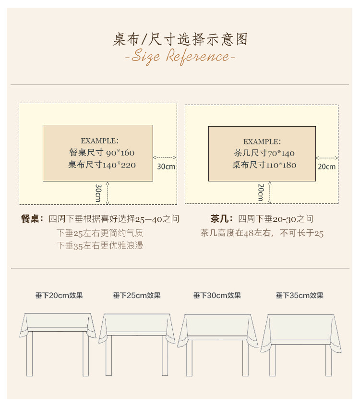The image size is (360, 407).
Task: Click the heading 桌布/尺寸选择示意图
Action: (180, 39)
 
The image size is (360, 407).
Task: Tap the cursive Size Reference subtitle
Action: (180, 57)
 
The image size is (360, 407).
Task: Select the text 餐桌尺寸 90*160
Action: (102, 153)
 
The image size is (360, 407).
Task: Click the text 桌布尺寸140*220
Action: (102, 165)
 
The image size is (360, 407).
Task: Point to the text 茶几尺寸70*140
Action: (264, 154)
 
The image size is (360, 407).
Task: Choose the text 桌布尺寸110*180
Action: (264, 165)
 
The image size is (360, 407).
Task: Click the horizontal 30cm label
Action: (166, 167)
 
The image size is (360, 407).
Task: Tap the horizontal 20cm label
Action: (326, 167)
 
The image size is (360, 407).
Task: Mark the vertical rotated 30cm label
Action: (98, 192)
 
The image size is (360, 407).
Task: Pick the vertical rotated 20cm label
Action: (261, 192)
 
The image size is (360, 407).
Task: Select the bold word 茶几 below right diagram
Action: (218, 219)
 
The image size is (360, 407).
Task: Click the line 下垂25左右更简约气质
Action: (100, 233)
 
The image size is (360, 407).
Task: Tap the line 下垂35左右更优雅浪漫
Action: (100, 246)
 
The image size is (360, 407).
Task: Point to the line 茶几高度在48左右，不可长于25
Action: (262, 233)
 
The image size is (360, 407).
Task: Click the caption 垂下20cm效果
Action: (59, 296)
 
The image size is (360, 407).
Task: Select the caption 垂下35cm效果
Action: (300, 296)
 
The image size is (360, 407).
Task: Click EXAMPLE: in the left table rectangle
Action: (99, 141)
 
